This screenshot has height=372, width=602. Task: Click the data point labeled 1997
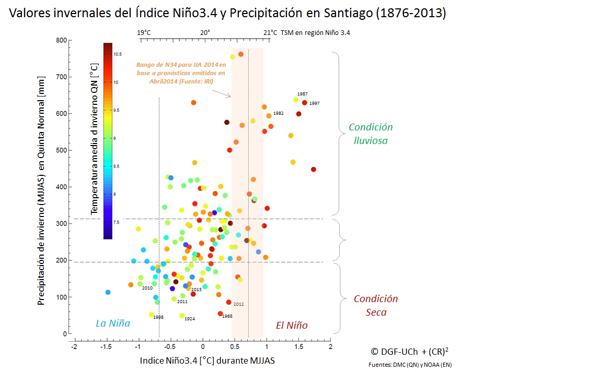(305, 103)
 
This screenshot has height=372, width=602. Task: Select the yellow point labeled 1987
(296, 100)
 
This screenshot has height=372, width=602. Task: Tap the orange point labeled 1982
(269, 116)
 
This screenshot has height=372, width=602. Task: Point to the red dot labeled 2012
(228, 302)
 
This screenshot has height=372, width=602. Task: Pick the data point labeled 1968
(220, 314)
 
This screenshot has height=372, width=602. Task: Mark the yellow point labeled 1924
(182, 316)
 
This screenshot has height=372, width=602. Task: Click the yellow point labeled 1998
(151, 315)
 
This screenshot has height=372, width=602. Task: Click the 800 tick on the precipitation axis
(61, 41)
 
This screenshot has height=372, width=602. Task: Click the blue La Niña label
(113, 323)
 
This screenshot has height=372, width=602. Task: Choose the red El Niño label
(292, 326)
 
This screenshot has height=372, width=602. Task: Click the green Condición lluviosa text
(371, 134)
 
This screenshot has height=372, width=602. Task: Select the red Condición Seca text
(376, 306)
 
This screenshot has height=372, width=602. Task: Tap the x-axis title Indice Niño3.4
(207, 361)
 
